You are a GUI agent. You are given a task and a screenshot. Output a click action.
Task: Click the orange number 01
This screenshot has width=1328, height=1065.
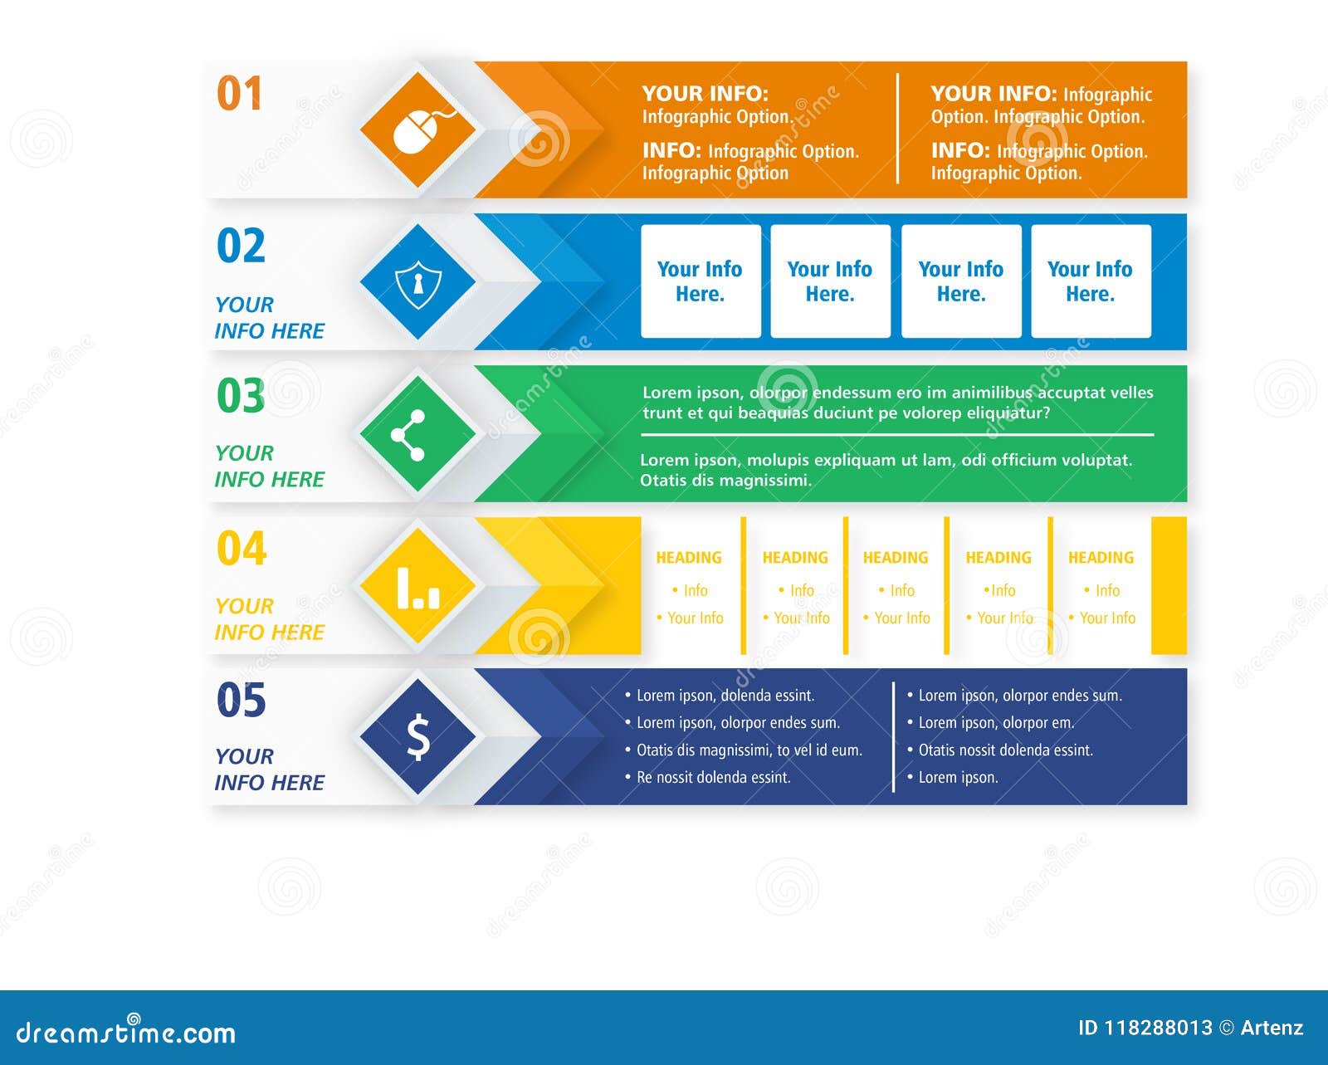tap(239, 93)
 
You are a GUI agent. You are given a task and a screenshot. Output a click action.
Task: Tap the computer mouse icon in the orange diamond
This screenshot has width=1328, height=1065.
tap(422, 130)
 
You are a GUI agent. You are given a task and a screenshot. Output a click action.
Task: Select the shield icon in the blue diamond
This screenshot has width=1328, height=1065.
tap(418, 284)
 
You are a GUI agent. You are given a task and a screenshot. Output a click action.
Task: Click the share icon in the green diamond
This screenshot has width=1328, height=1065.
tap(408, 435)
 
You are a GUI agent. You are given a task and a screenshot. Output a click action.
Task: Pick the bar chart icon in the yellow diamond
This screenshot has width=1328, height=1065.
tap(418, 589)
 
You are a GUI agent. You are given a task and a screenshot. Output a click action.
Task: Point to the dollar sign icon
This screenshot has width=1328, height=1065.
tap(418, 737)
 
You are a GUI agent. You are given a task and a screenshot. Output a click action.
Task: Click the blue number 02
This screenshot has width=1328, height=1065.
tap(241, 246)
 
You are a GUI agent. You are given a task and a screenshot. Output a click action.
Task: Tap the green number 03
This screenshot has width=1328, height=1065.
tap(241, 396)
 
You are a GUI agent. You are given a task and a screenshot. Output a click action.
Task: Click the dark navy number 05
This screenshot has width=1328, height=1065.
tap(242, 700)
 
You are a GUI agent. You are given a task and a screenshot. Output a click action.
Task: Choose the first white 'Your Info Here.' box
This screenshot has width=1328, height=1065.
tap(701, 281)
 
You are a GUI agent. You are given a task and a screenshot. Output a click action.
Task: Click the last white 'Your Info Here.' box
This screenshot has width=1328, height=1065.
tap(1091, 281)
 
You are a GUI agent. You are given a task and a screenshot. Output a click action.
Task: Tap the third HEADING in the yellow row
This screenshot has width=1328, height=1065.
tap(896, 558)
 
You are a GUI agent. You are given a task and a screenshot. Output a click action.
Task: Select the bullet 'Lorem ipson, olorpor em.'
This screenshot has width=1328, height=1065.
tap(991, 723)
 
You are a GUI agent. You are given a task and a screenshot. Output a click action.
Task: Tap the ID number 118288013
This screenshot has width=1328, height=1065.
tap(1158, 1028)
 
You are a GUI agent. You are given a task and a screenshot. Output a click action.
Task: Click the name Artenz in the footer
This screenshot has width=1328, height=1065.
tap(1272, 1028)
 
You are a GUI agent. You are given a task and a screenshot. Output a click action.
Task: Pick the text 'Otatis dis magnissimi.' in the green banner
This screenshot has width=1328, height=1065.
tap(725, 481)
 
